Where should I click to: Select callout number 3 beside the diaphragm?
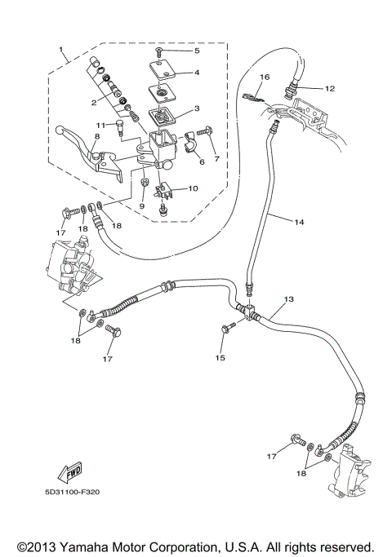point(197,108)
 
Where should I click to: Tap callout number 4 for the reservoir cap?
point(196,73)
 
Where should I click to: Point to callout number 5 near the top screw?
point(196,51)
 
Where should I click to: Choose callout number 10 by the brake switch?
point(194,188)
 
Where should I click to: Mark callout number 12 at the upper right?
point(329,87)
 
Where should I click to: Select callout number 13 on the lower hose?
point(288,299)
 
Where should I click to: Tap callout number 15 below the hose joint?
point(219,357)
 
